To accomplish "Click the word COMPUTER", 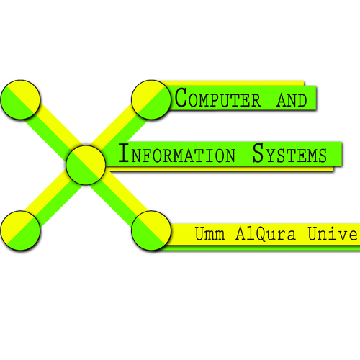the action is click(217, 98).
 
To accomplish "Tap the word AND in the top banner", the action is click(292, 100).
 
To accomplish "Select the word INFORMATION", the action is click(177, 153).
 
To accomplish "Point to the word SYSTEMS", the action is click(289, 153).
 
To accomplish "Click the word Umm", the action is click(210, 233).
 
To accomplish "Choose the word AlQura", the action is click(266, 234).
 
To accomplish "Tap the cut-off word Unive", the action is click(333, 233).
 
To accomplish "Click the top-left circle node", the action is click(20, 99).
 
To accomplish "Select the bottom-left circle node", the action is click(20, 230).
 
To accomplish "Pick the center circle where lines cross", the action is click(86, 165).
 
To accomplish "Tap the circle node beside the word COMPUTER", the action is click(151, 99).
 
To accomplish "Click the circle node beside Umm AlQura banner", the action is click(151, 230).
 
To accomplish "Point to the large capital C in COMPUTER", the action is click(181, 97).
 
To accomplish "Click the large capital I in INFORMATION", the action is click(124, 153).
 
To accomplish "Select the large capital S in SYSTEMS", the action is click(258, 153).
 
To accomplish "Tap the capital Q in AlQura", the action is click(263, 234).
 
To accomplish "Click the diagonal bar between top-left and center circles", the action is click(53, 132).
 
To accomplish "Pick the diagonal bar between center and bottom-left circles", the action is click(53, 198).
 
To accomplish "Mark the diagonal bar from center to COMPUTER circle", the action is click(119, 132).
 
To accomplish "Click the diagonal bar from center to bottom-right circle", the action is click(119, 198).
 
